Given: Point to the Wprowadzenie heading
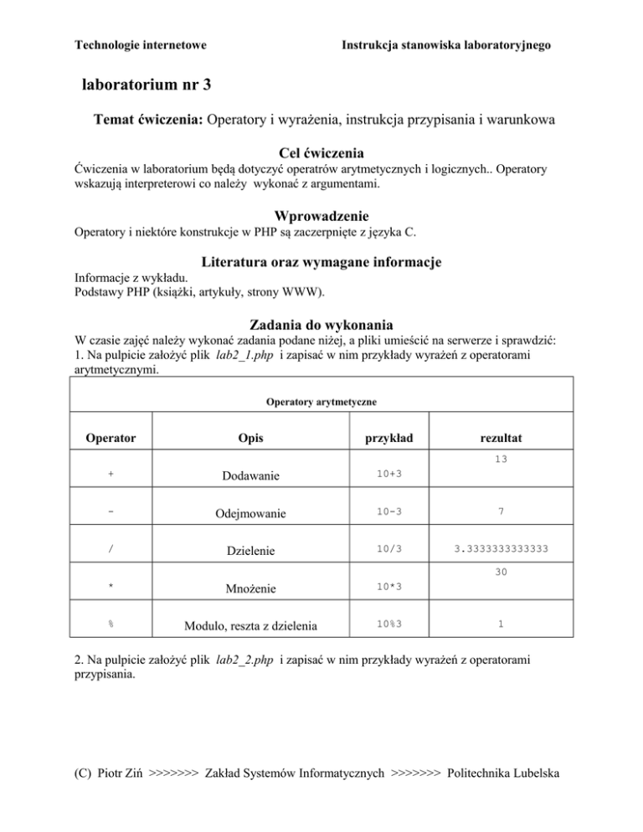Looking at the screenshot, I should (x=321, y=215).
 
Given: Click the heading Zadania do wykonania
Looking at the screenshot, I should (x=321, y=324).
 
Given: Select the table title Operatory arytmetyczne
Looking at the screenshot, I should (x=321, y=403).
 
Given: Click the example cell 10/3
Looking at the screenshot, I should (x=388, y=549).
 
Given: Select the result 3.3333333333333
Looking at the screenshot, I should (x=501, y=549).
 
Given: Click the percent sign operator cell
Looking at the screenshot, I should (x=111, y=623).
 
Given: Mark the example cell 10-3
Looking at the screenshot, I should (x=388, y=512).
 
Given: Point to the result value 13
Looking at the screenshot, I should (x=501, y=460).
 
